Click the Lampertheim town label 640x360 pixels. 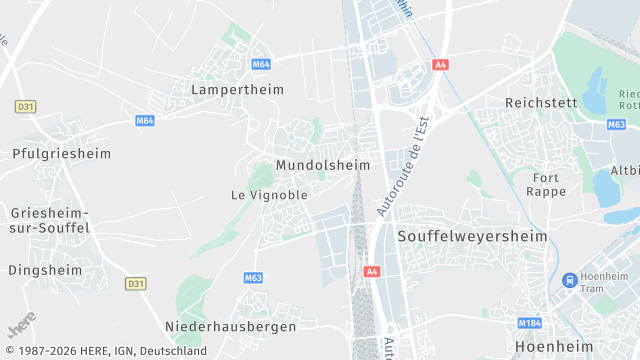(237, 89)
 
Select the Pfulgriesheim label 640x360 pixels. (61, 154)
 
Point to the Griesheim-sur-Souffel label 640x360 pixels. (50, 220)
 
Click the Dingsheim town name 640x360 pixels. (45, 270)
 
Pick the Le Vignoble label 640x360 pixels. (269, 195)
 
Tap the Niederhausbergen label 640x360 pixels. (230, 327)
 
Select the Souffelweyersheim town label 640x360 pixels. (472, 237)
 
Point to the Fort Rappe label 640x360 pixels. (545, 184)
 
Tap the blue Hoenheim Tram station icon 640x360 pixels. (569, 280)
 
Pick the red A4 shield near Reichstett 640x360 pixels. (440, 64)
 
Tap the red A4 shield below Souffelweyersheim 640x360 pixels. (372, 271)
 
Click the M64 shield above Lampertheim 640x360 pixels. (261, 64)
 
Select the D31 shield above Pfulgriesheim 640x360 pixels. (25, 106)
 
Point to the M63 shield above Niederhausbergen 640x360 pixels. (253, 278)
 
